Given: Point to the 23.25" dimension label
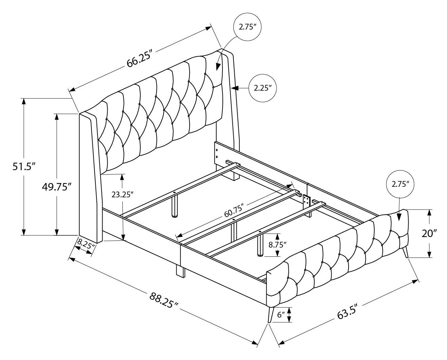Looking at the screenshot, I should [x=122, y=194].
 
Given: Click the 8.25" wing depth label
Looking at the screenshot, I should [x=85, y=243].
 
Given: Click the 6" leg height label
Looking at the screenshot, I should [x=281, y=315].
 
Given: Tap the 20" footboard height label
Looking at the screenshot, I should [x=429, y=233].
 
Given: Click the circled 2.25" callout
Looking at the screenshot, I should [x=262, y=88].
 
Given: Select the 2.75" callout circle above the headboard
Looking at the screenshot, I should [x=247, y=28].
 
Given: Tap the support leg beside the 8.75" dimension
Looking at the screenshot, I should [x=260, y=246].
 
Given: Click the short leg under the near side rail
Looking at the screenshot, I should [x=180, y=271].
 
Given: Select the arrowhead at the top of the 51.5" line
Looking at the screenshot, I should [x=23, y=102].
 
